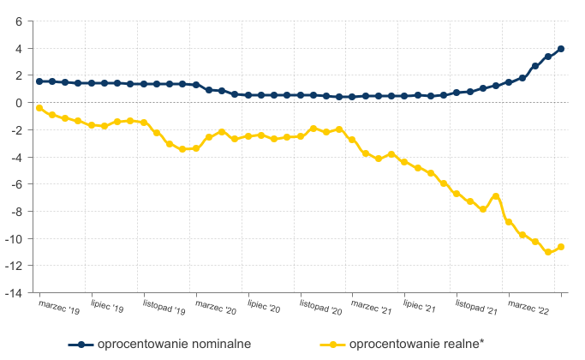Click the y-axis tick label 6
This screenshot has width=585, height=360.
pyautogui.click(x=18, y=21)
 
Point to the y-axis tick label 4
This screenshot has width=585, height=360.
pyautogui.click(x=18, y=48)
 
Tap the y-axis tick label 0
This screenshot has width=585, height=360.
pyautogui.click(x=18, y=103)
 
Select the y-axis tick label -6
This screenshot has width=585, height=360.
pyautogui.click(x=15, y=184)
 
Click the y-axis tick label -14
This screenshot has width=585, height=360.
pyautogui.click(x=13, y=293)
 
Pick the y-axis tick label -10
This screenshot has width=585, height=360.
pyautogui.click(x=13, y=238)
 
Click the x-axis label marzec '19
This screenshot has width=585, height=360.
pyautogui.click(x=59, y=307)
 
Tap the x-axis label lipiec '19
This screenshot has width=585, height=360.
pyautogui.click(x=108, y=307)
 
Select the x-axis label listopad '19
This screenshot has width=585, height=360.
pyautogui.click(x=164, y=308)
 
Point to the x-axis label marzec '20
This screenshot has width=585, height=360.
pyautogui.click(x=216, y=307)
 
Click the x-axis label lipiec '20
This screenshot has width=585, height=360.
pyautogui.click(x=265, y=307)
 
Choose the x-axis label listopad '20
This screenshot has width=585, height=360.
pyautogui.click(x=321, y=308)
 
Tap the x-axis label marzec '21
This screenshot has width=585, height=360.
pyautogui.click(x=373, y=307)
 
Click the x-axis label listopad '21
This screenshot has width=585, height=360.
pyautogui.click(x=478, y=308)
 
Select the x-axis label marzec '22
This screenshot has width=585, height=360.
pyautogui.click(x=529, y=307)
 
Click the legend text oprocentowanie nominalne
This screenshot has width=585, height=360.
pyautogui.click(x=174, y=345)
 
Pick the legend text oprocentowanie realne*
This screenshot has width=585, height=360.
pyautogui.click(x=417, y=345)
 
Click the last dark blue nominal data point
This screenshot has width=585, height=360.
pyautogui.click(x=561, y=49)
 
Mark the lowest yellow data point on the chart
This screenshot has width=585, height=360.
pyautogui.click(x=548, y=252)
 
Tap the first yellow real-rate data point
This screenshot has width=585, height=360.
pyautogui.click(x=39, y=108)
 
